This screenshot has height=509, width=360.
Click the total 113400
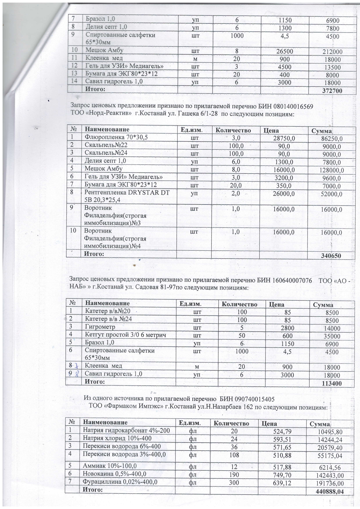point(332,383)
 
